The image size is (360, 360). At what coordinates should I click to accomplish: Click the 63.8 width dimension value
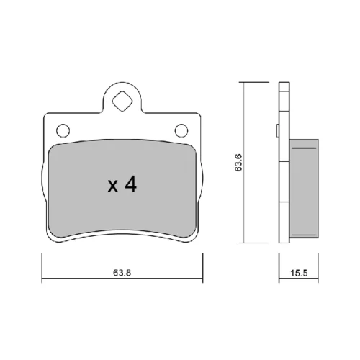pyautogui.click(x=122, y=273)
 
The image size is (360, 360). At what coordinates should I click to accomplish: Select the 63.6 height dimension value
pyautogui.click(x=239, y=163)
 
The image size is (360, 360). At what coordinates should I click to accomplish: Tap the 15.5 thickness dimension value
pyautogui.click(x=299, y=273)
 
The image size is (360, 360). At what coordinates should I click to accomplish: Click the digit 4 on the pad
pyautogui.click(x=131, y=185)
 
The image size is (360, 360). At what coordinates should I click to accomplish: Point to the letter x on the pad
pyautogui.click(x=113, y=186)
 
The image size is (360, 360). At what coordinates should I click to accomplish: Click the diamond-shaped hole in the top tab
pyautogui.click(x=122, y=101)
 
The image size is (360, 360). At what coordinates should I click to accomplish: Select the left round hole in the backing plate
pyautogui.click(x=63, y=131)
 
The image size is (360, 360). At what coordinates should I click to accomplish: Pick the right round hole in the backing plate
pyautogui.click(x=181, y=131)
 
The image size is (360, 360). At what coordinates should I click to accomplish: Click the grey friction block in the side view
pyautogui.click(x=304, y=189)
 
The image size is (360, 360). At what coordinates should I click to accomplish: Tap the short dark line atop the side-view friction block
pyautogui.click(x=304, y=148)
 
